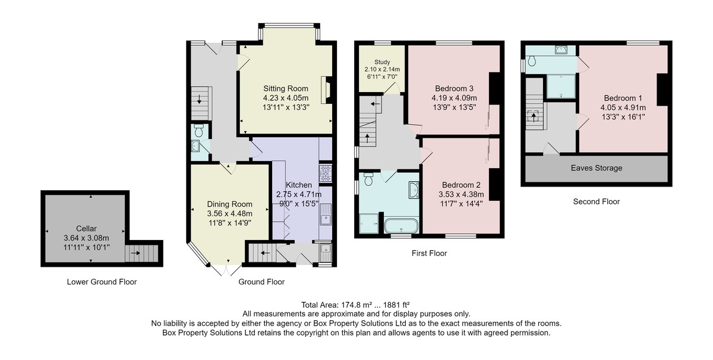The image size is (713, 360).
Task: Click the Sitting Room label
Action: [x=286, y=89]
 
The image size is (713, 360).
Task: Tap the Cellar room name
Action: [x=86, y=229]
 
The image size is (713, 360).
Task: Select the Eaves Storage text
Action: [x=597, y=168]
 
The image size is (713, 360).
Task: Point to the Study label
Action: [x=382, y=62]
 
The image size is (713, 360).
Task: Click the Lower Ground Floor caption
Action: [x=102, y=282]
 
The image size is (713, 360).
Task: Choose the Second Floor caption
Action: [x=597, y=201]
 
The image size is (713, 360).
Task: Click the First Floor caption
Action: [x=430, y=254]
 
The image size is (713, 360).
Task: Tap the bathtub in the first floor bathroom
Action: [x=401, y=226]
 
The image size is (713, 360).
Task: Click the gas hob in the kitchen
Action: [x=326, y=173]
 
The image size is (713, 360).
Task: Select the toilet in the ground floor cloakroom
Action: [x=198, y=131]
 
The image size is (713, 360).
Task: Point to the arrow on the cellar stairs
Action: [x=135, y=253]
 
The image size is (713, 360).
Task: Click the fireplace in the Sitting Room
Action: [x=327, y=90]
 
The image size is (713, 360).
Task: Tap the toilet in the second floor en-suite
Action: [x=531, y=61]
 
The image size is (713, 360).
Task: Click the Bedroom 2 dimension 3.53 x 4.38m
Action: [x=461, y=194]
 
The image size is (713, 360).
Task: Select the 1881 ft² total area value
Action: [x=396, y=305]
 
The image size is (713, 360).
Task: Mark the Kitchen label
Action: [x=298, y=185]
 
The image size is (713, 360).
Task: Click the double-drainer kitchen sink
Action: [x=326, y=214]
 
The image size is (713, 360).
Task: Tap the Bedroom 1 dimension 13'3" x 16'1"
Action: [x=623, y=117]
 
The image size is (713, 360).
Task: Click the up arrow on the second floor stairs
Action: [x=534, y=117]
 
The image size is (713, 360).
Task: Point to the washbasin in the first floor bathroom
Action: [x=414, y=190]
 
